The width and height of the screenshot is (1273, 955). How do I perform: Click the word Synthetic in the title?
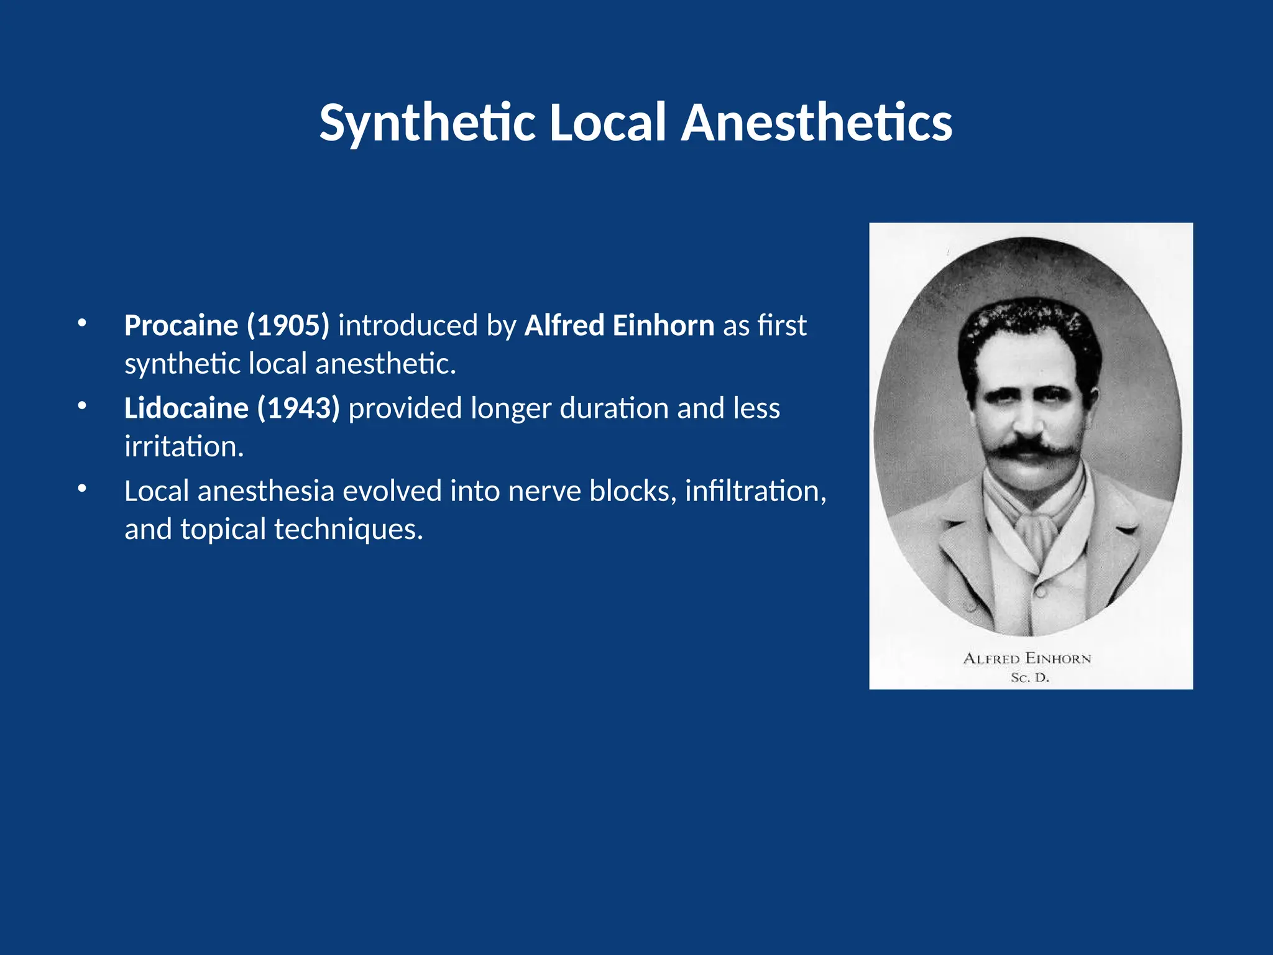tap(427, 123)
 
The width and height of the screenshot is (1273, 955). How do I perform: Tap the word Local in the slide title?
tap(607, 123)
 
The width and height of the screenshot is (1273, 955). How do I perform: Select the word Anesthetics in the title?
tap(816, 123)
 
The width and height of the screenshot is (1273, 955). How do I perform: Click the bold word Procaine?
tap(181, 326)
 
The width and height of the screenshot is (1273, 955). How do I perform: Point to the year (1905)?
tap(288, 326)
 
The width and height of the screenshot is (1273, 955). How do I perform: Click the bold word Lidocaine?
tap(186, 408)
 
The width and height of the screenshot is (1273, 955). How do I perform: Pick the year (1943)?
tap(298, 408)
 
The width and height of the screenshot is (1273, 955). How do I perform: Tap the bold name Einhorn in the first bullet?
tap(663, 326)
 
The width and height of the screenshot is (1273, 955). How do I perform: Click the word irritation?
tap(183, 446)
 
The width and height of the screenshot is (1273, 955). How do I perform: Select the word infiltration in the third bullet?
tap(755, 491)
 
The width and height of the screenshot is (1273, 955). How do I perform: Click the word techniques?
tap(348, 529)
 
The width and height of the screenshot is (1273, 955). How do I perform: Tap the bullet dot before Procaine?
tap(82, 323)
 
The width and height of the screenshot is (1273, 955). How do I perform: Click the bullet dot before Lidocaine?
tap(82, 405)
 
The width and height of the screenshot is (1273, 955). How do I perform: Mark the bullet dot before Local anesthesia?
tap(82, 488)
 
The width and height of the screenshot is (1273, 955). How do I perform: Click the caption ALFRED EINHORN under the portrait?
tap(1027, 658)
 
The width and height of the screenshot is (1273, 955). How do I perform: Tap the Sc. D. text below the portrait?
tap(1030, 678)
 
